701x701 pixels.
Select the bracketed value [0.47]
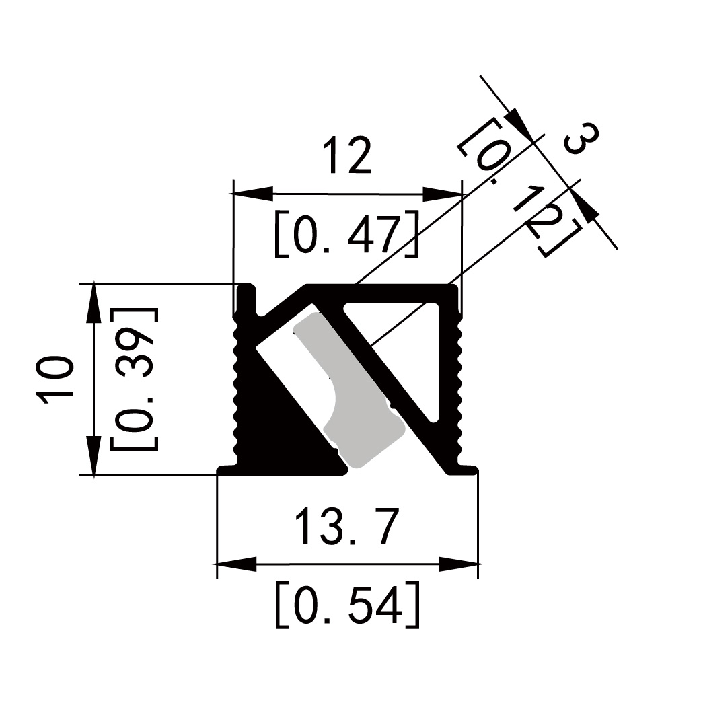coord(347,233)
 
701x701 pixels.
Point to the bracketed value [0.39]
coord(134,379)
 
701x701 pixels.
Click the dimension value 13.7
coord(347,526)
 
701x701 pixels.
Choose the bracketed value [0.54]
coord(347,604)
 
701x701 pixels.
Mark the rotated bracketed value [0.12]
coord(519,186)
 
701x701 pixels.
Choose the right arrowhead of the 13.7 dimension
coord(458,564)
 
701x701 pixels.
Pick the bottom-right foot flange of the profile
coord(463,470)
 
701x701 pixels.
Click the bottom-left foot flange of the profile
coord(228,470)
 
